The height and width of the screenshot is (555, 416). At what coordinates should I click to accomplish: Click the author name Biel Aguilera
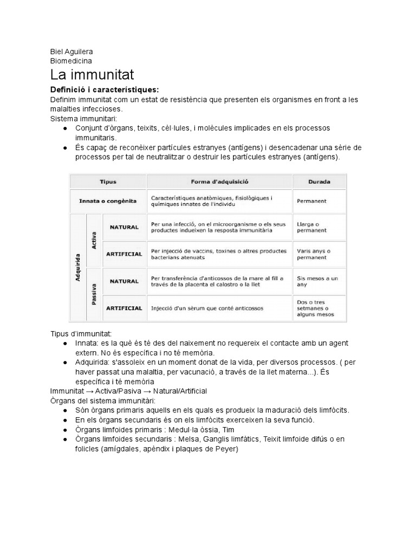[71, 51]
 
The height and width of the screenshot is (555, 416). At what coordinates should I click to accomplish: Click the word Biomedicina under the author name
[71, 61]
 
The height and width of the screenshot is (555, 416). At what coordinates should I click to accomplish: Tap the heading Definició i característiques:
[105, 89]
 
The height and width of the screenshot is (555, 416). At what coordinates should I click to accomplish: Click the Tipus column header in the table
[107, 182]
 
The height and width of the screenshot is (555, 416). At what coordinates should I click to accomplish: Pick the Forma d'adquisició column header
[219, 182]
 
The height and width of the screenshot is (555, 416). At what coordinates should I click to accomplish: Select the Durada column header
[320, 182]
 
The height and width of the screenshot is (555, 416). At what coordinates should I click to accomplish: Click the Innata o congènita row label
[108, 201]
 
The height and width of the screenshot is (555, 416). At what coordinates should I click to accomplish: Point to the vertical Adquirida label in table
[77, 267]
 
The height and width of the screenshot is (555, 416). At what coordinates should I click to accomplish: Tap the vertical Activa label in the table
[94, 240]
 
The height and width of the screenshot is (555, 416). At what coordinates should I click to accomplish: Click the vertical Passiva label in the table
[94, 295]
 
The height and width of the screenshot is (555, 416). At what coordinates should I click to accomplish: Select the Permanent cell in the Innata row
[312, 201]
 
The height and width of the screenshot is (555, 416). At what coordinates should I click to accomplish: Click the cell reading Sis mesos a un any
[317, 281]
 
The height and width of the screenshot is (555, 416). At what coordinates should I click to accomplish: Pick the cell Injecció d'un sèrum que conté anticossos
[207, 308]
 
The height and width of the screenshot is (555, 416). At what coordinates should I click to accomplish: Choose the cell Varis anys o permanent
[314, 254]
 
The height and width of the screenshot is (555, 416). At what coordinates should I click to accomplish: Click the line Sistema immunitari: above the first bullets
[80, 118]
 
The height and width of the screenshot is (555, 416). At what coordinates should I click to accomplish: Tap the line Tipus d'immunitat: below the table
[81, 334]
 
